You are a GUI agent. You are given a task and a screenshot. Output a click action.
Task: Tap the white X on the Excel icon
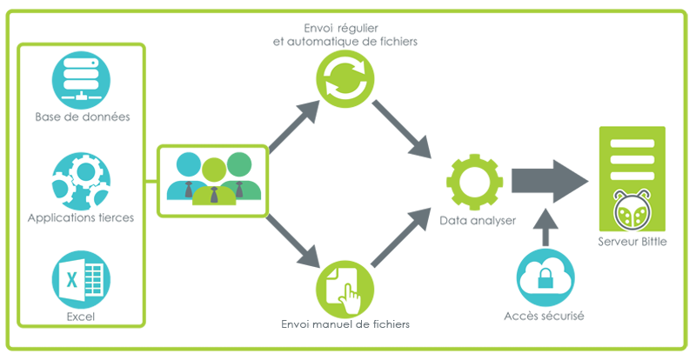(x=72, y=277)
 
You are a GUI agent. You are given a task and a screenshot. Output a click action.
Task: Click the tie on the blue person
(x=188, y=184)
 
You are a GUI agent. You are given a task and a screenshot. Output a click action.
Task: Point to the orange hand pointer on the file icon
(x=351, y=298)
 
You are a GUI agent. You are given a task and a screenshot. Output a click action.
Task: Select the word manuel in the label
(x=333, y=327)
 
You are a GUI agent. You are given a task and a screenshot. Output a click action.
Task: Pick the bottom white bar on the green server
(x=632, y=176)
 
